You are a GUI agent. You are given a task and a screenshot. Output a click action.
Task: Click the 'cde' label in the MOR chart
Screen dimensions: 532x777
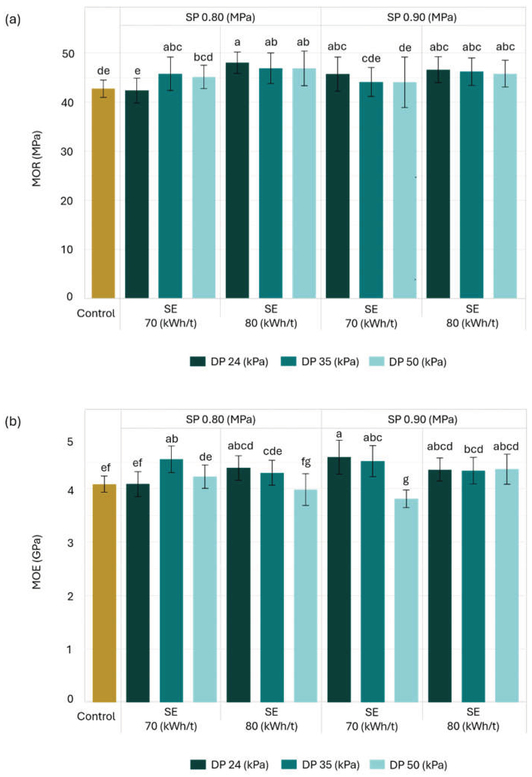371,59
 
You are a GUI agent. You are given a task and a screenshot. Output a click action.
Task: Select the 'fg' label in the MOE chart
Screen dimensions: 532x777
306,462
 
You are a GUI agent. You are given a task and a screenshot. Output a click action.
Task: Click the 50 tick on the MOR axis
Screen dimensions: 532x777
68,53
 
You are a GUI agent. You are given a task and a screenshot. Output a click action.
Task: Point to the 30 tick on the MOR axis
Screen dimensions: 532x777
68,151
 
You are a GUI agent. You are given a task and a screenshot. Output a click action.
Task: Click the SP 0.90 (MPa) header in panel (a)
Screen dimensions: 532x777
422,17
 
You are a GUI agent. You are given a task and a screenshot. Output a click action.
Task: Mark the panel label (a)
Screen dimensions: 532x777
13,20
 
